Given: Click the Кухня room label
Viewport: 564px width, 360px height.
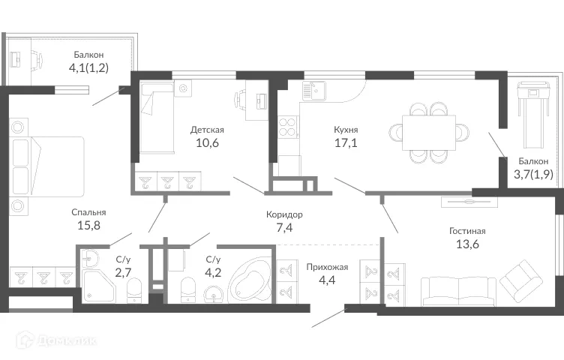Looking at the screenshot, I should point(346,128).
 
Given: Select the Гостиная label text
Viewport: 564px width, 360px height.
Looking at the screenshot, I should point(467,230).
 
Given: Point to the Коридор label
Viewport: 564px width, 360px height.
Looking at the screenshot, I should point(284,214).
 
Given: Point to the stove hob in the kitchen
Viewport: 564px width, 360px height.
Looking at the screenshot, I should point(288,127).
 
